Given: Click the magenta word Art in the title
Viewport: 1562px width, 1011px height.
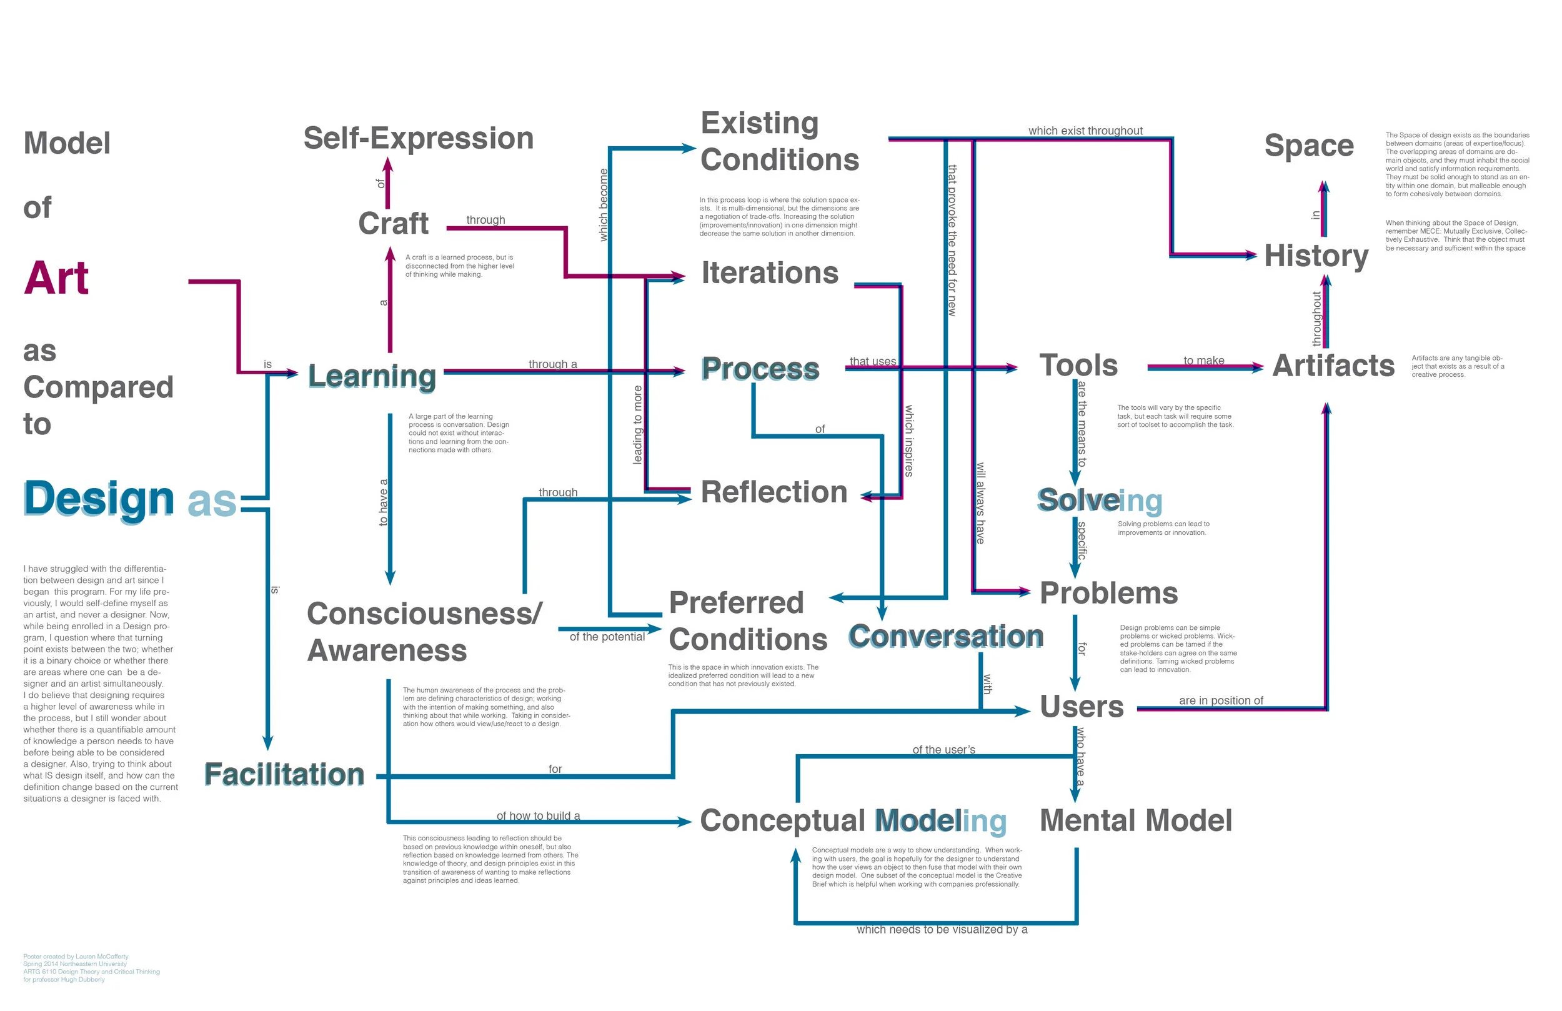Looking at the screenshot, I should tap(56, 278).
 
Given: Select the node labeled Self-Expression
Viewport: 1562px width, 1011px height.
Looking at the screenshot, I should tap(418, 139).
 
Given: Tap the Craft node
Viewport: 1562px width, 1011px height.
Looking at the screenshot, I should tap(393, 224).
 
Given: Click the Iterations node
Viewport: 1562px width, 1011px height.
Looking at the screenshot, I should tap(769, 273).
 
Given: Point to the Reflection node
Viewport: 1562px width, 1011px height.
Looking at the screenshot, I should tap(774, 492).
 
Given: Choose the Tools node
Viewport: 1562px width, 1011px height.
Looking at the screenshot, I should tap(1078, 366).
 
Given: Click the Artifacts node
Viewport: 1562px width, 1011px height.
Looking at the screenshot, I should tap(1332, 366).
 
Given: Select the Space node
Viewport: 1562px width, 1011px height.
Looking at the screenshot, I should tap(1309, 146).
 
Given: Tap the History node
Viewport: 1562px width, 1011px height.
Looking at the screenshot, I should tap(1316, 256).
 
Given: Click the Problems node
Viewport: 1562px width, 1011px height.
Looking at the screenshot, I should tap(1108, 594).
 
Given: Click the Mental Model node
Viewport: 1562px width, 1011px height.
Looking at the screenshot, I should tap(1135, 820).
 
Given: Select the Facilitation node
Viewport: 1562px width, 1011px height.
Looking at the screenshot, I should tap(284, 775).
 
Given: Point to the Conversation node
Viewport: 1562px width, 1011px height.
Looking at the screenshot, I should tap(945, 637).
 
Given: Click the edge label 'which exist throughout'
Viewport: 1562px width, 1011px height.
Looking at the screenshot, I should tap(1085, 131).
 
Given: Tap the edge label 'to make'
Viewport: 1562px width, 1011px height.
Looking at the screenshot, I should tap(1203, 361).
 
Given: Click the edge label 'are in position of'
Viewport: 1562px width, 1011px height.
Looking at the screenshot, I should tap(1221, 700).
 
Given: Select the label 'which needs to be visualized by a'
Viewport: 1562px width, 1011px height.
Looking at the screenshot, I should tap(941, 930).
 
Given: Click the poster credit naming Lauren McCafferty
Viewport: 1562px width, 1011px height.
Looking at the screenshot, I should tap(76, 957).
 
